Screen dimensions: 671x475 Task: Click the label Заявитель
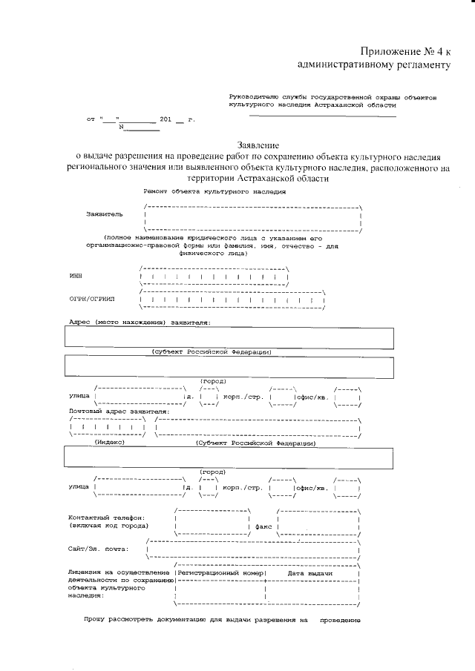click(x=105, y=214)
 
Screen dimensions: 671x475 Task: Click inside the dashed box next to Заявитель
click(x=252, y=216)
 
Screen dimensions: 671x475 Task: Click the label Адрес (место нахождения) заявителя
click(x=140, y=323)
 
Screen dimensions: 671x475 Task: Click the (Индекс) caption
click(x=109, y=443)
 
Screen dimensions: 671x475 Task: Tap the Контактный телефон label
click(x=106, y=518)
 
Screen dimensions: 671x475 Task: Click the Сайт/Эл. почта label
click(x=97, y=549)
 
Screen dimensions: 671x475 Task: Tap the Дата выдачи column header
click(x=309, y=574)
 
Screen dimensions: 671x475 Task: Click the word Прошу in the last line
click(x=94, y=619)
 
